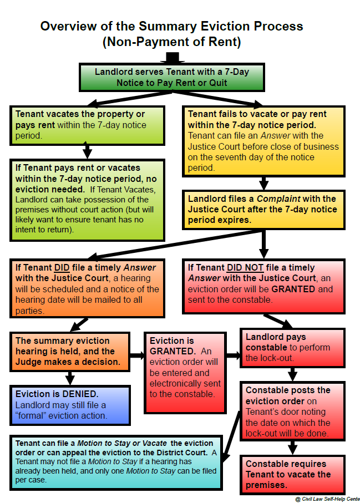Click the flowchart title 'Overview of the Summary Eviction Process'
pyautogui.click(x=171, y=26)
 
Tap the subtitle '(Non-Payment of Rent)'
pyautogui.click(x=171, y=42)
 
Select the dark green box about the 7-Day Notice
pyautogui.click(x=171, y=78)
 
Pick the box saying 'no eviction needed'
pyautogui.click(x=87, y=199)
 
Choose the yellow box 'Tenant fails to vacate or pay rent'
pyautogui.click(x=263, y=140)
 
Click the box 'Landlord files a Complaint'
pyautogui.click(x=263, y=209)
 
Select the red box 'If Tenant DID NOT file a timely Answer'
pyautogui.click(x=263, y=283)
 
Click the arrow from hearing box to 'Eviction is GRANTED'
pyautogui.click(x=136, y=354)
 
